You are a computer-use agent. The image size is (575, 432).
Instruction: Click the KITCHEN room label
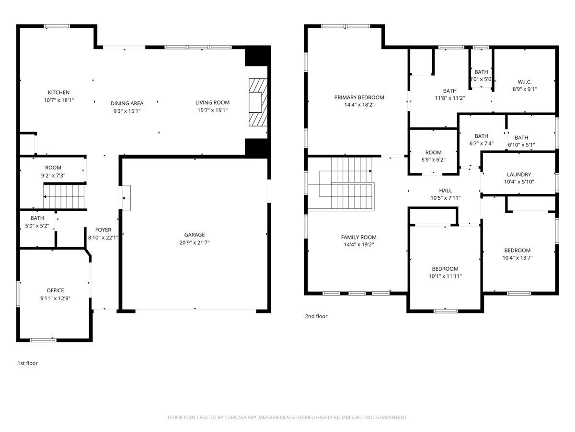pos(58,93)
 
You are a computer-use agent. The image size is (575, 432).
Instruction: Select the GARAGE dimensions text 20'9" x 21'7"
pos(194,242)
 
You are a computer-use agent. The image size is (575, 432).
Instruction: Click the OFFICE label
pos(55,290)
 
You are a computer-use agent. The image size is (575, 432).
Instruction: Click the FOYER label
pos(103,230)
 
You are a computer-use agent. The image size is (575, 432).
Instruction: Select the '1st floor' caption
pos(27,363)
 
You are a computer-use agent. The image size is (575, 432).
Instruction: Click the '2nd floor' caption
pos(316,316)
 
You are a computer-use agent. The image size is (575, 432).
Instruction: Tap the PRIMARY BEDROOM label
pos(359,97)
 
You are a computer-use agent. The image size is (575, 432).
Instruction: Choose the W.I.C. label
pos(524,82)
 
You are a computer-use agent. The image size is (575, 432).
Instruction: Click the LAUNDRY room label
pos(519,175)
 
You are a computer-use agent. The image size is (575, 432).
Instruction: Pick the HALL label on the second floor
pos(445,191)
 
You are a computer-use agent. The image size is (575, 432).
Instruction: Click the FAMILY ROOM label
pos(358,237)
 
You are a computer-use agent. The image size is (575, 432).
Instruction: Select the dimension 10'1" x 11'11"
pos(445,276)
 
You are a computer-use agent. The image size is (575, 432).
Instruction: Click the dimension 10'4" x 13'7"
pos(517,258)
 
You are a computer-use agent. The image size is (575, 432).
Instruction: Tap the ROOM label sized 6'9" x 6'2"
pos(432,153)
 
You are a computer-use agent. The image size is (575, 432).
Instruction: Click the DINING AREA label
pos(127,103)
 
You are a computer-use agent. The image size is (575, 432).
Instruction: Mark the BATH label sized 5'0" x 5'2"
pos(37,218)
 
